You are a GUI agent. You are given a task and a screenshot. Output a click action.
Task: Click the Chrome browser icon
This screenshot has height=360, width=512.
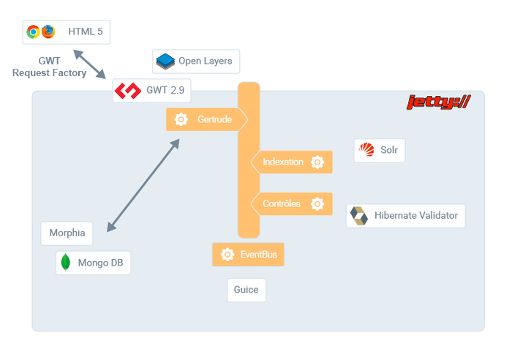coord(33,31)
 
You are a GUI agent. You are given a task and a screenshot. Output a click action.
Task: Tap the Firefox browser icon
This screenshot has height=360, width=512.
coord(48,31)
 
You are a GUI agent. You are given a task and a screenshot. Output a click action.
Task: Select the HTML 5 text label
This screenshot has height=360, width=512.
coord(86,31)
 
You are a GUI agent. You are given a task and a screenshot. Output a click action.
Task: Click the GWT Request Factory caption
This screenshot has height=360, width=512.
coord(49,67)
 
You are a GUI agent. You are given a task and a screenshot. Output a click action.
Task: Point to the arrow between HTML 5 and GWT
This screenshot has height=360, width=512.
coord(89,64)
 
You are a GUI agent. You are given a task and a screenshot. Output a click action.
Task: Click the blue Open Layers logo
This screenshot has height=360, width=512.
coord(165,61)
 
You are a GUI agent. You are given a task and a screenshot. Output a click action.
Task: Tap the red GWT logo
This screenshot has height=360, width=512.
coord(128,91)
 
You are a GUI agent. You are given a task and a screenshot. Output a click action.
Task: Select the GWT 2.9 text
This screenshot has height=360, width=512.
coord(165,90)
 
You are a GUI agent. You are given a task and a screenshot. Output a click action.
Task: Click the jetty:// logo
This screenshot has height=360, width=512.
coord(439,102)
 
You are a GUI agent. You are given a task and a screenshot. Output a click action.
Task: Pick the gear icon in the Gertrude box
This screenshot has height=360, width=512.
coord(181,119)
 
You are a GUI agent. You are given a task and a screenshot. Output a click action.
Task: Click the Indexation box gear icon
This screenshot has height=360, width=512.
coord(317,162)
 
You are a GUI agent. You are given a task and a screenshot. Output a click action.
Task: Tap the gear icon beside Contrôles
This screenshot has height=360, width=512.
coord(317,203)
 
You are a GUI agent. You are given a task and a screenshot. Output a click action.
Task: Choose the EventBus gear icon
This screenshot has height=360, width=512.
coord(227,254)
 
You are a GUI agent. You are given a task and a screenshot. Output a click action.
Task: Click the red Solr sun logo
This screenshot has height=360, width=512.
coord(366,150)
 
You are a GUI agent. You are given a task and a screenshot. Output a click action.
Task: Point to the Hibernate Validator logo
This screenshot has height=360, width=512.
coord(359,216)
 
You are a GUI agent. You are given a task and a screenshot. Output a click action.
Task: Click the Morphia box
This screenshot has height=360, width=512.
coord(67,233)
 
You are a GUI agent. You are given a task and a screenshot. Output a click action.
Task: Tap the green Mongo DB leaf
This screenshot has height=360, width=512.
coord(66,263)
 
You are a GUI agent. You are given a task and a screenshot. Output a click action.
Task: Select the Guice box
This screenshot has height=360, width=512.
coord(246,290)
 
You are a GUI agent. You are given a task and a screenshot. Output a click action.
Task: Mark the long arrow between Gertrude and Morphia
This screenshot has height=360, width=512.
coord(143,185)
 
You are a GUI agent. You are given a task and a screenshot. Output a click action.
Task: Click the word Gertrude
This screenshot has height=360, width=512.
coord(214,119)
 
